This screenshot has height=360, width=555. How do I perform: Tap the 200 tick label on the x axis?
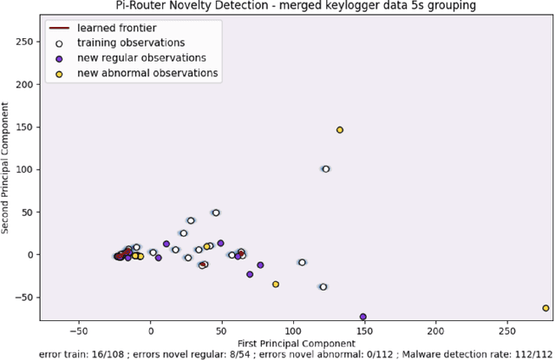pyautogui.click(x=436, y=331)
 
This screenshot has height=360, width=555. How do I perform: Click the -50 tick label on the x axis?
pyautogui.click(x=79, y=331)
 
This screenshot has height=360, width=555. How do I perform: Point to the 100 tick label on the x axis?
pyautogui.click(x=293, y=331)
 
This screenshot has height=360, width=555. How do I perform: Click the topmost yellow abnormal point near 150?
pyautogui.click(x=340, y=130)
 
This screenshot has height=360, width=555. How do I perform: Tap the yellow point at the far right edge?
pyautogui.click(x=545, y=308)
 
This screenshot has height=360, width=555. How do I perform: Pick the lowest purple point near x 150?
pyautogui.click(x=362, y=317)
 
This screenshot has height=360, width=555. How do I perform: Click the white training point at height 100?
pyautogui.click(x=326, y=169)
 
